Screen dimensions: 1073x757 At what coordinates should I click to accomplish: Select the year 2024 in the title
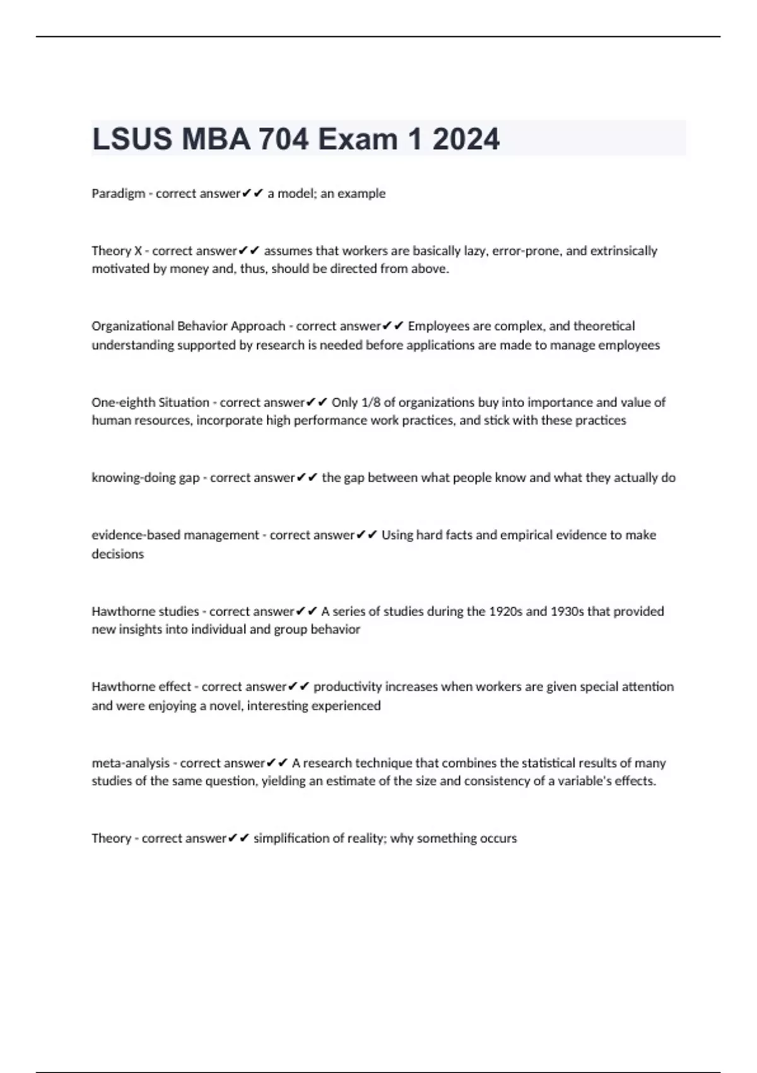point(466,139)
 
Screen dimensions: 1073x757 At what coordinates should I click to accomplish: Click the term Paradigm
point(118,194)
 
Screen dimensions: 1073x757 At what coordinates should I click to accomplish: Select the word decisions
point(117,554)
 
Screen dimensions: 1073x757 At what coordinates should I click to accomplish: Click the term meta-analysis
point(131,763)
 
